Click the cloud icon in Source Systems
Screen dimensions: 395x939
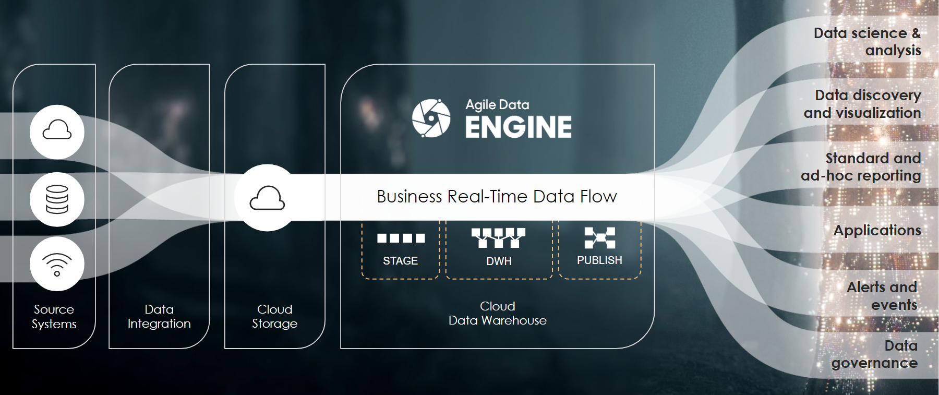[57, 130]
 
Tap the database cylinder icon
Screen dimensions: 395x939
[57, 199]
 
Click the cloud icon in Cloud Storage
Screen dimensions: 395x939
[267, 198]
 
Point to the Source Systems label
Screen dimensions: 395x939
[54, 317]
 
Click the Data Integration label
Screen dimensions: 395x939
[159, 317]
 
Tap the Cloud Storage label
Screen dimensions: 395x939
[274, 317]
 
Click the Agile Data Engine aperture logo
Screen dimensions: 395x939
[431, 118]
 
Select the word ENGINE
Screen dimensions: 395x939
[518, 127]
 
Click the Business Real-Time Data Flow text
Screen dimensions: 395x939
[497, 197]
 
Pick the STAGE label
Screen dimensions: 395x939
[400, 261]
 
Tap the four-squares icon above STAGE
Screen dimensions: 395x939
[401, 238]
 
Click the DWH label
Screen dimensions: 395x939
[499, 261]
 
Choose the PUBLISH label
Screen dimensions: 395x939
[599, 260]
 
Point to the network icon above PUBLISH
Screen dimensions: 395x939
[600, 238]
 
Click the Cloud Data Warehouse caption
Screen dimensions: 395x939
[497, 314]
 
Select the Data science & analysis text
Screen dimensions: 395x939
[867, 42]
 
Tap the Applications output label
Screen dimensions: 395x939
[877, 231]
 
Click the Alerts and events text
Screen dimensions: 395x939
[882, 296]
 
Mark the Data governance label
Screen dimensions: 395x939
[874, 354]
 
